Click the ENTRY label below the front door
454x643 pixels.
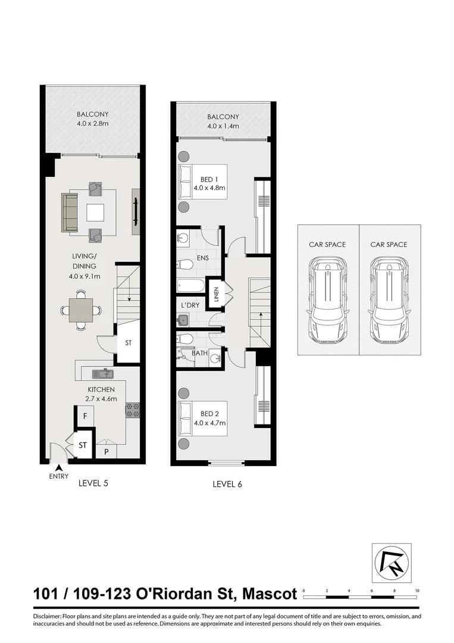(59, 476)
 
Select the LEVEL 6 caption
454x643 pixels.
(227, 484)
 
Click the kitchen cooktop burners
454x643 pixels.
(132, 409)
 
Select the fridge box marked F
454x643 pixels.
(85, 415)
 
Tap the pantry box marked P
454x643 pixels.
(107, 451)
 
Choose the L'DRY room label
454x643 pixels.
(190, 305)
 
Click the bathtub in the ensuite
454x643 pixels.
(190, 285)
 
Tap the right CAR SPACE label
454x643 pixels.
(389, 244)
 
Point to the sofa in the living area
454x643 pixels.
(70, 213)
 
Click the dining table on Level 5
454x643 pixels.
(80, 310)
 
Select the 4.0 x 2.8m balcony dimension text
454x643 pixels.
(93, 124)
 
